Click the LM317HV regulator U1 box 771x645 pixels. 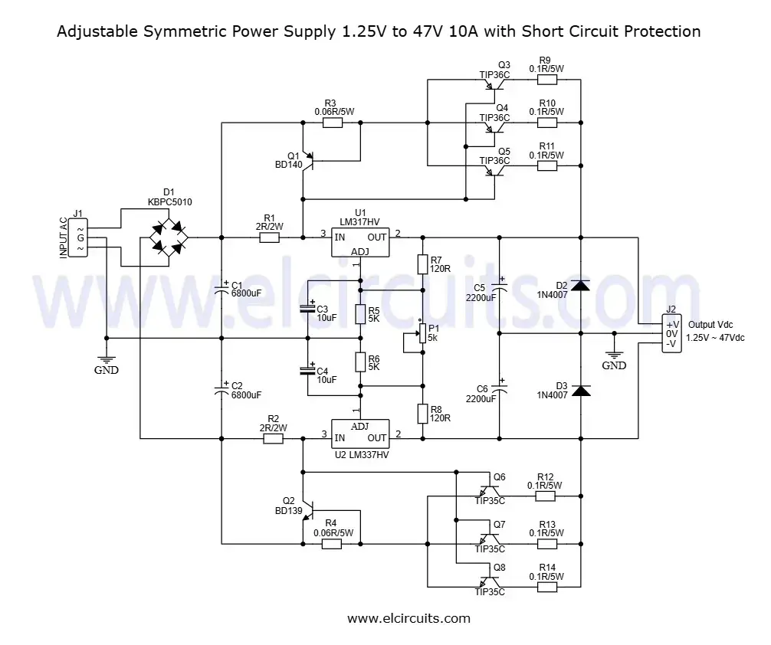359,242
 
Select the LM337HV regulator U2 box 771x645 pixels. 359,434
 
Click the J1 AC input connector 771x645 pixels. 79,237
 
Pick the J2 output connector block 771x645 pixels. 672,334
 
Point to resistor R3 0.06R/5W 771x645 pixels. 332,122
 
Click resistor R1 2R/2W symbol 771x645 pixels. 270,237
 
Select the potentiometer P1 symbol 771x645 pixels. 422,333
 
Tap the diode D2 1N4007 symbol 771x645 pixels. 582,286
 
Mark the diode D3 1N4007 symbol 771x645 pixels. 582,391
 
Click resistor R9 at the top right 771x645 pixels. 546,79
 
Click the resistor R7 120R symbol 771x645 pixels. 422,265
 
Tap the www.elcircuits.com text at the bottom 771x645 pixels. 408,618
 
